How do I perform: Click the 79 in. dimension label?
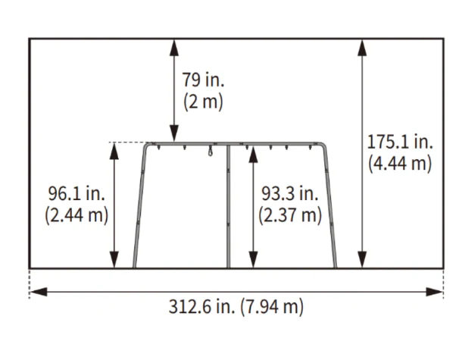[203, 80]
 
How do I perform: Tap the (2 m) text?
[203, 102]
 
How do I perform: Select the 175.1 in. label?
[400, 142]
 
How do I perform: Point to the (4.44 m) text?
[400, 164]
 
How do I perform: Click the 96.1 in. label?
[76, 193]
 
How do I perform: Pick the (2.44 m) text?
[76, 215]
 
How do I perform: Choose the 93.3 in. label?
[290, 193]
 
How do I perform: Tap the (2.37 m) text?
[290, 215]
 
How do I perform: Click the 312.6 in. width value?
[201, 307]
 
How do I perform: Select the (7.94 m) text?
[272, 307]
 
